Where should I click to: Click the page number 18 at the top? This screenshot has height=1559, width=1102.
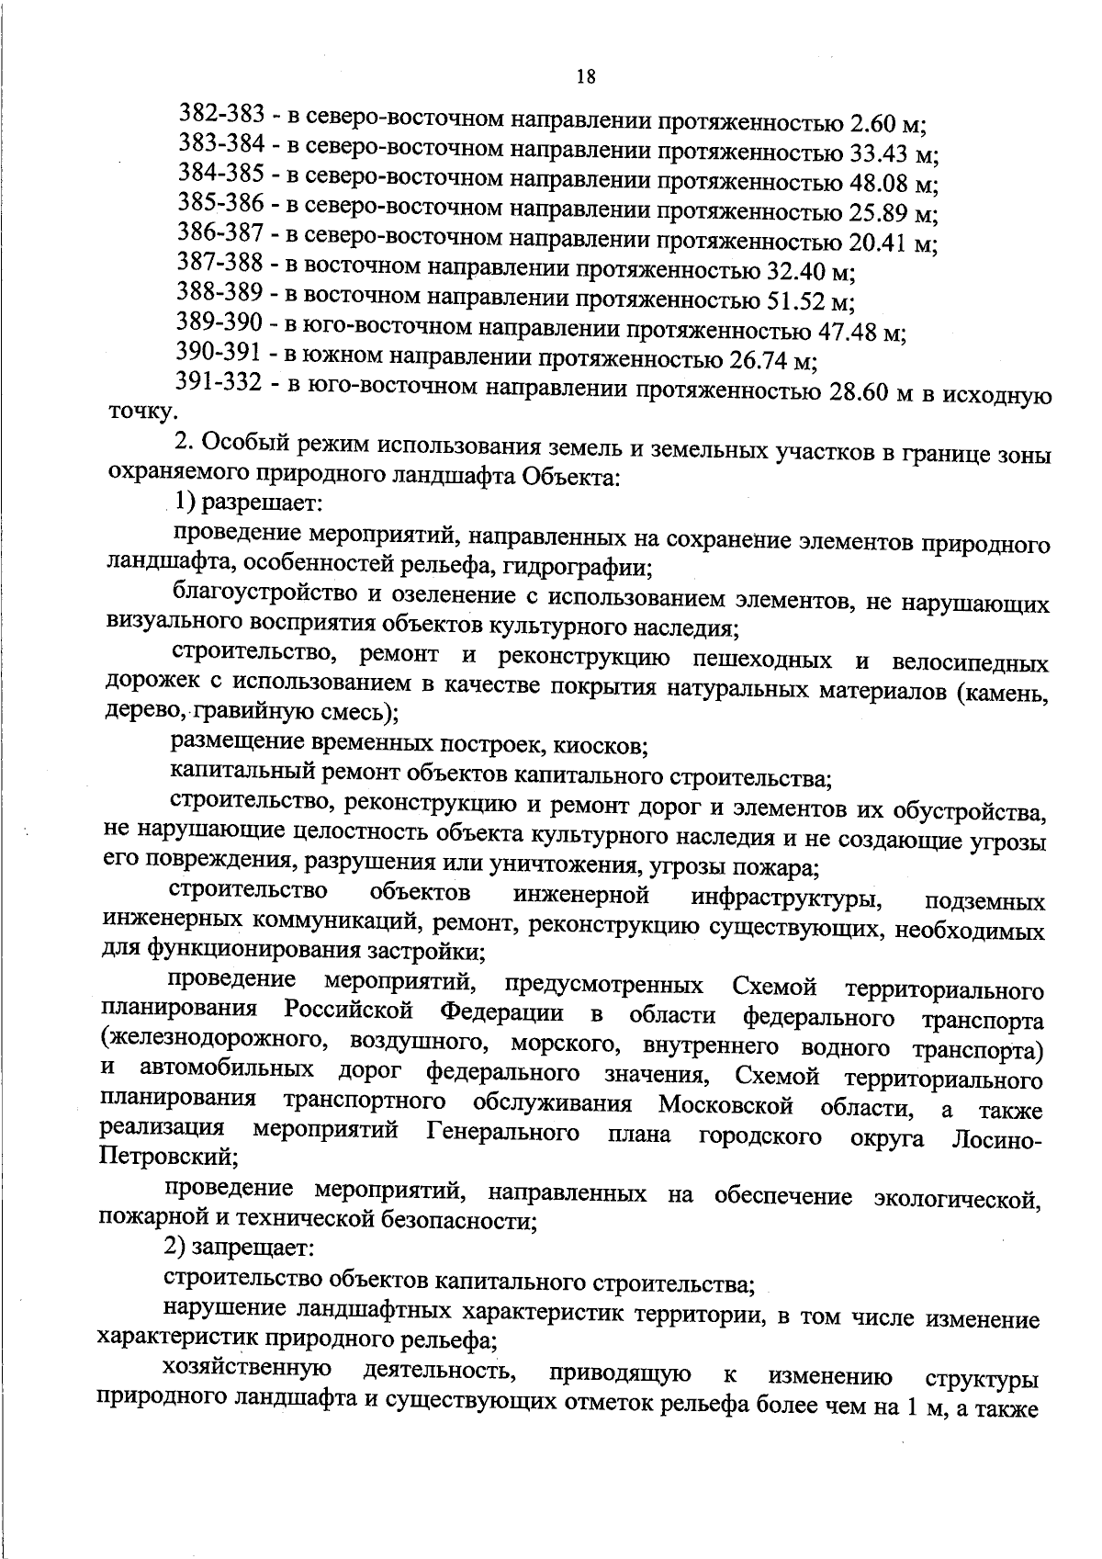click(586, 77)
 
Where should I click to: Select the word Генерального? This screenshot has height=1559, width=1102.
click(504, 1132)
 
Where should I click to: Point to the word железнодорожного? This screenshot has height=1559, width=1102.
click(216, 1045)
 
